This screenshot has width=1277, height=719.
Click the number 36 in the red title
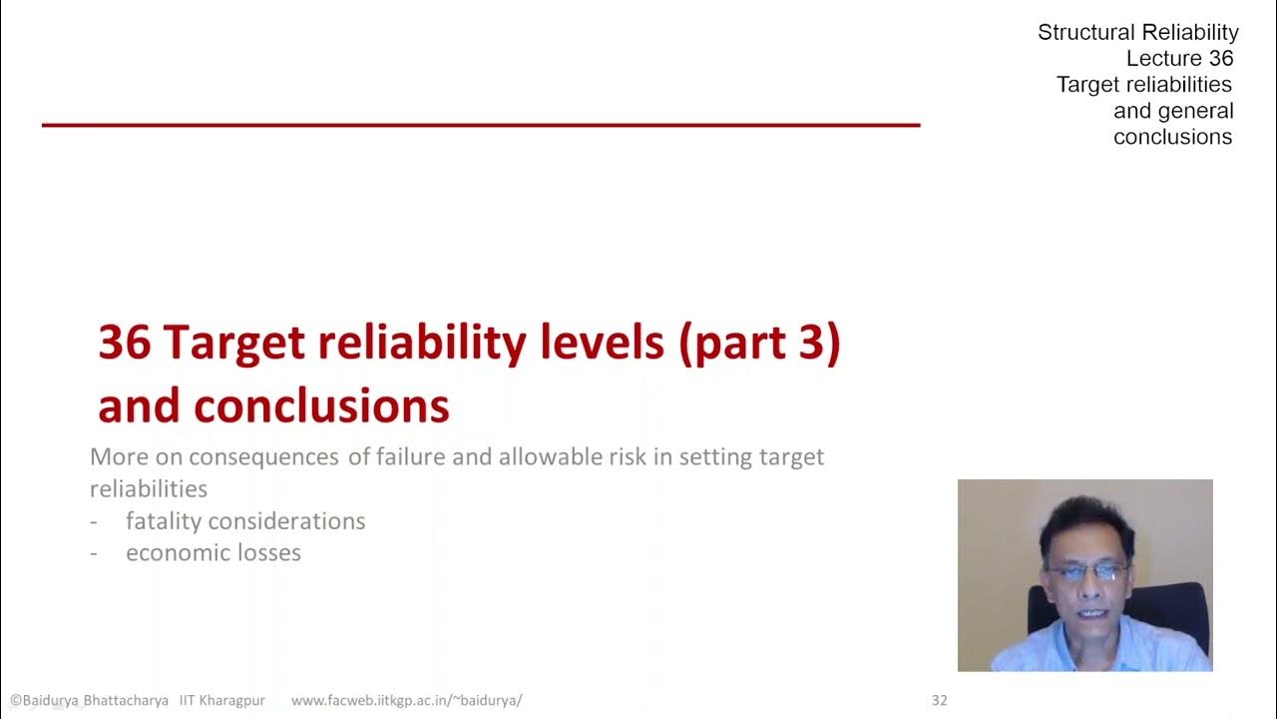coord(125,344)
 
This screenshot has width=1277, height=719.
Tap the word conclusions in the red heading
coord(321,406)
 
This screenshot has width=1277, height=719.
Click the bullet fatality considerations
coord(245,520)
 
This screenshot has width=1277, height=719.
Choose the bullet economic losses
coord(213,552)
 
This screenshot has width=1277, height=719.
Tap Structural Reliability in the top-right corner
coord(1137,32)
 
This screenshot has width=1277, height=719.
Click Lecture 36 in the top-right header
coord(1179,58)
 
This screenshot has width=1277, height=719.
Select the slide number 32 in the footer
coord(939,700)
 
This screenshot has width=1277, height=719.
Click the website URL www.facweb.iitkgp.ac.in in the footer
coord(406,700)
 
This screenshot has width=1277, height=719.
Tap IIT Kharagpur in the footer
coord(228,700)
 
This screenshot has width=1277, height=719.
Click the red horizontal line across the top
coord(480,125)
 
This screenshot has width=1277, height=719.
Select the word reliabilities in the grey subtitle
coord(149,488)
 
